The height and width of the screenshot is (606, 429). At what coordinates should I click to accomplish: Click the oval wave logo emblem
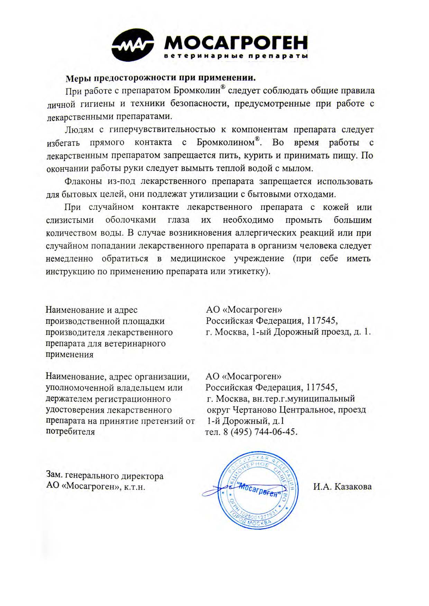point(133,46)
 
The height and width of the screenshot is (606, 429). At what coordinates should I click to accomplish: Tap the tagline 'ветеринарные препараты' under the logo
point(236,56)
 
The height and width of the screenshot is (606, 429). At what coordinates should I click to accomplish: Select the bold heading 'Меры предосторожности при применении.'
point(161,78)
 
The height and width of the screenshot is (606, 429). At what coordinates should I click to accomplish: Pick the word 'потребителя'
point(70,432)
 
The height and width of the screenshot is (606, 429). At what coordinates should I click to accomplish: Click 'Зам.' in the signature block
point(55,476)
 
